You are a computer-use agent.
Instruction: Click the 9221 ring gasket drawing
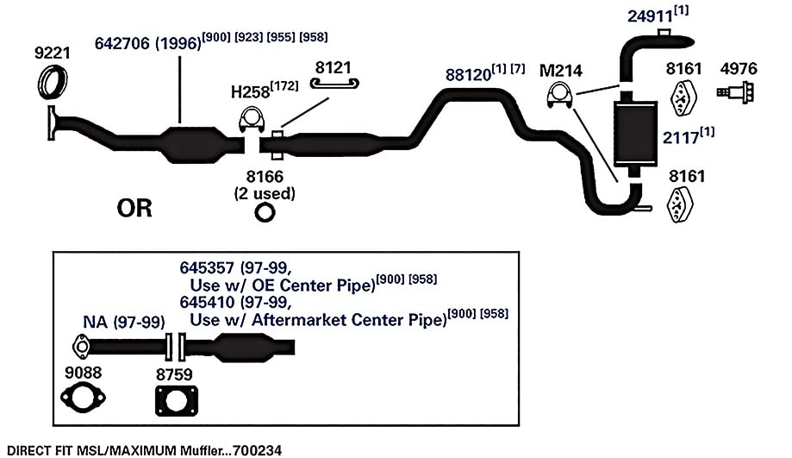(43, 82)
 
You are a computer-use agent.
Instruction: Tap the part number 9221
(52, 53)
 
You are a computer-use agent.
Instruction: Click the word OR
(134, 208)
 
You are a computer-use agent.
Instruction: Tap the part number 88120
(468, 75)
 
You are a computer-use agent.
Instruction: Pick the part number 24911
(650, 16)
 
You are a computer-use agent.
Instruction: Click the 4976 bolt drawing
(737, 92)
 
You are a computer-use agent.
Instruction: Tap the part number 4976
(739, 68)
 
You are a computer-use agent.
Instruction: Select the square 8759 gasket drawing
(157, 401)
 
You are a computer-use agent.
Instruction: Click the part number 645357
(207, 267)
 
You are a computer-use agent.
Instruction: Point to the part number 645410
(207, 302)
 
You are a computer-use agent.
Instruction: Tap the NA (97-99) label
(124, 322)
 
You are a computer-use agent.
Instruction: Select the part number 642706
(122, 43)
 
